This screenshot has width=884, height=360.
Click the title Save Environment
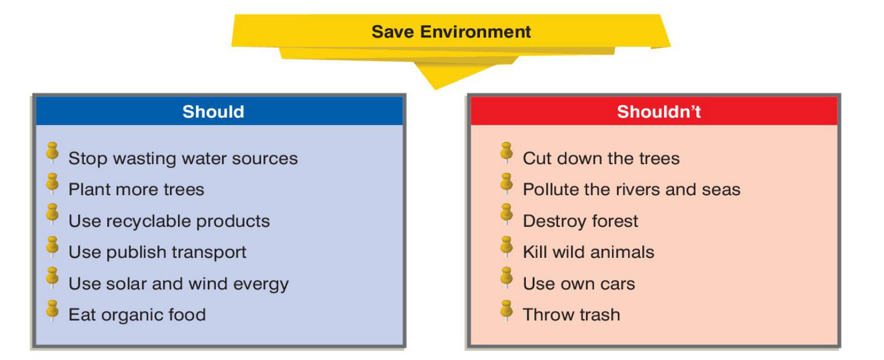click(451, 32)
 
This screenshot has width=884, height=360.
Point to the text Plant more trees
click(136, 189)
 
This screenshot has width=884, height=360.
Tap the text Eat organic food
click(137, 315)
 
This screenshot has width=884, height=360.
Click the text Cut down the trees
click(601, 158)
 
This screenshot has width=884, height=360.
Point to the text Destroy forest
click(580, 222)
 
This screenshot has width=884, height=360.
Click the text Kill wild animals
click(588, 252)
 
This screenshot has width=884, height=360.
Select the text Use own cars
click(579, 284)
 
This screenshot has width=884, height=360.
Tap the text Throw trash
click(572, 315)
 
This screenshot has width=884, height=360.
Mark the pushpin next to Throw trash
click(506, 310)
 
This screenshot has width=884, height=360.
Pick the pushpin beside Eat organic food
click(52, 310)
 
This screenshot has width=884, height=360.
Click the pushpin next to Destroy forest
click(506, 214)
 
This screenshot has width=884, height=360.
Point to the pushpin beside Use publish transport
click(52, 247)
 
